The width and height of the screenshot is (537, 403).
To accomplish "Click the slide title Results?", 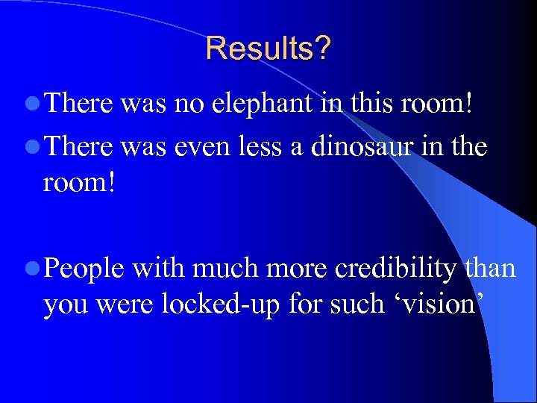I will (x=268, y=49).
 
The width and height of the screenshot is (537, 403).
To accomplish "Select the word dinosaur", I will (x=357, y=148).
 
